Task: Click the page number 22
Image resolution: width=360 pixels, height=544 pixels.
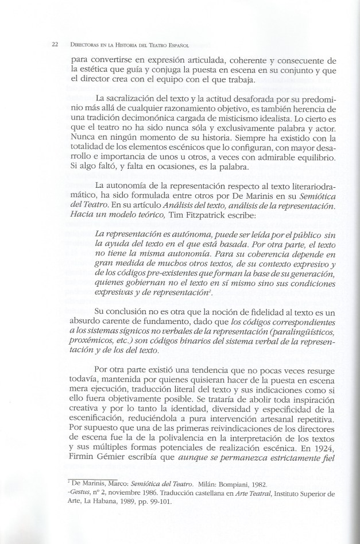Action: tap(55, 44)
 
